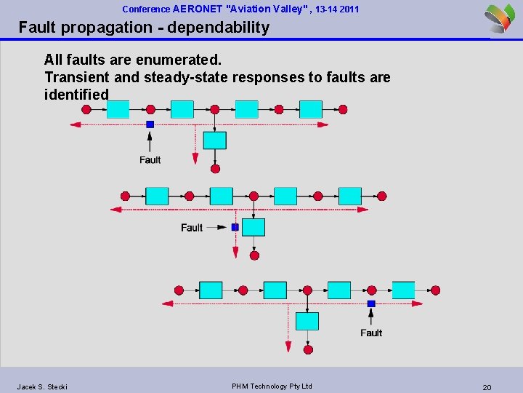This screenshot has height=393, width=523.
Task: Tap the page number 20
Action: click(487, 387)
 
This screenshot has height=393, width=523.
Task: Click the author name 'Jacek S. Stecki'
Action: click(42, 386)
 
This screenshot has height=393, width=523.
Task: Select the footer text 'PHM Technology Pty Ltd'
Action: click(272, 386)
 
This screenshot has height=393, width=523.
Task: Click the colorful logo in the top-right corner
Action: click(500, 17)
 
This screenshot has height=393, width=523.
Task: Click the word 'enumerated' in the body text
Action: click(185, 59)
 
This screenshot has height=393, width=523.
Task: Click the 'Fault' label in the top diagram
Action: click(150, 159)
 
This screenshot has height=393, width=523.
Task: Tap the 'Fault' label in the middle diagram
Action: click(192, 228)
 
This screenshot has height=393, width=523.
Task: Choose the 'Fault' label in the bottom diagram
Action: click(371, 333)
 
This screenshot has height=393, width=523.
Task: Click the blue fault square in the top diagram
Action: click(150, 124)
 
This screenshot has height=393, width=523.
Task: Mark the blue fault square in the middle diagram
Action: click(235, 227)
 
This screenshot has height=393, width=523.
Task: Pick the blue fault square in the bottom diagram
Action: click(371, 303)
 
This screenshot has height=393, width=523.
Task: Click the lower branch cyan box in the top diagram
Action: click(214, 140)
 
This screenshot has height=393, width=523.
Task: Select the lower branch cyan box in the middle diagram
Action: click(254, 227)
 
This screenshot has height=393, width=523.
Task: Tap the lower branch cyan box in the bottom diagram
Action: click(307, 321)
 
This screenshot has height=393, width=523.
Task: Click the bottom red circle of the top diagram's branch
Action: click(215, 169)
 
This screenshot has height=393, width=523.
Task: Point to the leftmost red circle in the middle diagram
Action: click(125, 196)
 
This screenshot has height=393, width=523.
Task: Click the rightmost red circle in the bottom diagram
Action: click(435, 290)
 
